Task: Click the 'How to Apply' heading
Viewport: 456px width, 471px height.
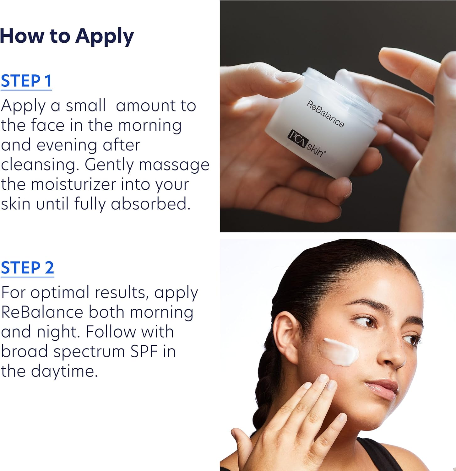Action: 67,36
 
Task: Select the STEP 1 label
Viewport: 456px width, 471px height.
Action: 26,81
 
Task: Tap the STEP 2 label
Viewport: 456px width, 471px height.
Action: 28,268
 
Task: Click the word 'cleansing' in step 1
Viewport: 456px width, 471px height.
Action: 39,165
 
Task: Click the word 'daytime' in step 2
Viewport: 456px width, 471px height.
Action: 64,372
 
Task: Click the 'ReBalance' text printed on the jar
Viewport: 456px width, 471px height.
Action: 325,114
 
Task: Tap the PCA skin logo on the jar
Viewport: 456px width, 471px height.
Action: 307,143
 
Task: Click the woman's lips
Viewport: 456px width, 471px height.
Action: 381,388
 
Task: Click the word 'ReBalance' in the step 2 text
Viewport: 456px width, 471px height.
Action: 42,312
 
